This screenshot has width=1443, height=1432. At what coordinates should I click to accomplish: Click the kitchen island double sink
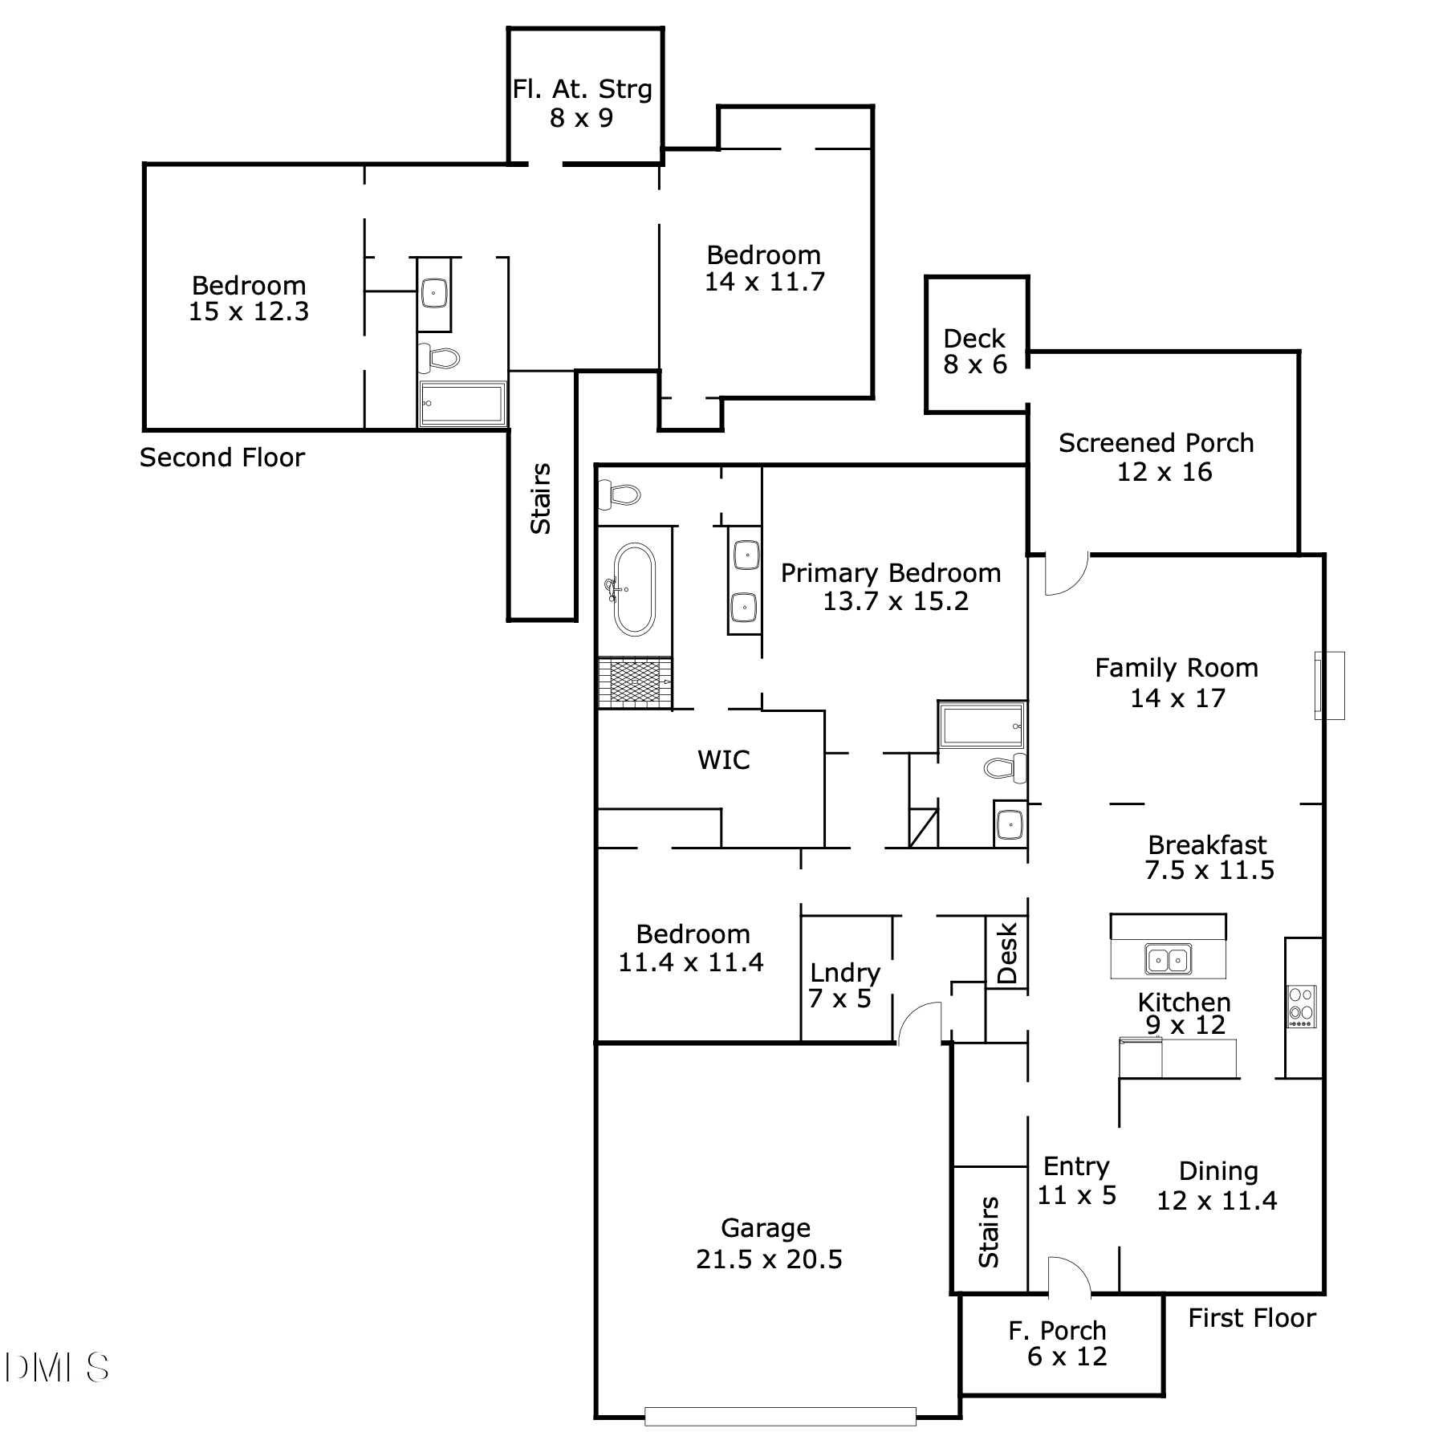click(1168, 958)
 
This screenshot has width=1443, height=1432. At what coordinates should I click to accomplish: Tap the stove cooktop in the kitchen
click(1302, 1007)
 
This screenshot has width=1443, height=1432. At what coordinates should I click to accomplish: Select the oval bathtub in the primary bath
click(634, 589)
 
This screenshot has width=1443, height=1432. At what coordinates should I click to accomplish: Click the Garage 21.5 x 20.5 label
click(769, 1243)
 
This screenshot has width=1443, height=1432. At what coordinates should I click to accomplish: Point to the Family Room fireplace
click(1328, 685)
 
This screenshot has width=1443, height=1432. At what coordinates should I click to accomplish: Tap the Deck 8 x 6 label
click(975, 352)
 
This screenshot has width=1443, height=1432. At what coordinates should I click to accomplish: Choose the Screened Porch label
click(1156, 443)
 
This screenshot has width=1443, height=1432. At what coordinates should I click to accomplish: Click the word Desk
click(1007, 953)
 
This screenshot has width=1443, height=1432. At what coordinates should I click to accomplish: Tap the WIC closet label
click(724, 759)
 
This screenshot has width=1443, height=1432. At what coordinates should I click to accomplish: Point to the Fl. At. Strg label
click(583, 89)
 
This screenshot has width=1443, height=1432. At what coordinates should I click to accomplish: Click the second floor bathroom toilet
click(438, 358)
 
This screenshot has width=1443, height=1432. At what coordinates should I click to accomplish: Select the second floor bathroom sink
click(434, 294)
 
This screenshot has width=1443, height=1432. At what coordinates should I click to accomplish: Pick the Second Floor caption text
click(222, 458)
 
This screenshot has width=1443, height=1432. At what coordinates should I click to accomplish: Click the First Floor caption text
click(1252, 1318)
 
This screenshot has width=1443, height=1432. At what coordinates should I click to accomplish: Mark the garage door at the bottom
click(780, 1417)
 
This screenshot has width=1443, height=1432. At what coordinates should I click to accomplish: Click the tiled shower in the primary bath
click(635, 683)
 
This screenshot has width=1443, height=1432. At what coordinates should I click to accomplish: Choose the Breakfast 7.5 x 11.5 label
click(1209, 857)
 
